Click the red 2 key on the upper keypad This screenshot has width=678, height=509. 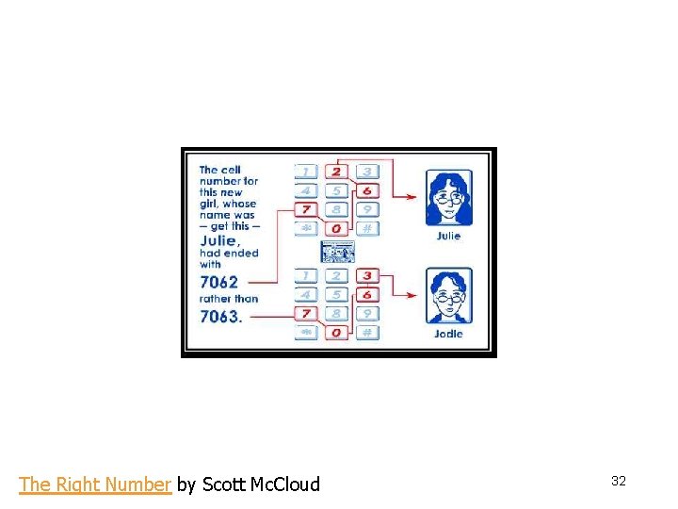pos(337,172)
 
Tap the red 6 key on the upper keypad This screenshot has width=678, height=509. pos(367,190)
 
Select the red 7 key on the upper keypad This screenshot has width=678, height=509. pos(307,209)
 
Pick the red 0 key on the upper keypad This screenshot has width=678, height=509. pos(337,228)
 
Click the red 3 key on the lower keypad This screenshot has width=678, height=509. pos(367,276)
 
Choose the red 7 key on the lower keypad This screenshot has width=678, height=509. pos(307,313)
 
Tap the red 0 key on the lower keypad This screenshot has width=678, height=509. pos(337,332)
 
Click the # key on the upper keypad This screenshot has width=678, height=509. pos(367,228)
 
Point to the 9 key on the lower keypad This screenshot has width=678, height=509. pos(367,313)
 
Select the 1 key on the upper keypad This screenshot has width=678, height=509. pos(307,172)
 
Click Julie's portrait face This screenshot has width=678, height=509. pos(448,197)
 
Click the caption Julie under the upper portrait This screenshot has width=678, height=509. pos(448,236)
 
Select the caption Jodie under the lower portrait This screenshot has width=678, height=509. pos(448,334)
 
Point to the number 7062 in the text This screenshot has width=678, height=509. pos(219,281)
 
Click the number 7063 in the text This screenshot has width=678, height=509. pos(219,317)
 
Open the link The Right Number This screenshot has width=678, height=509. pos(95,484)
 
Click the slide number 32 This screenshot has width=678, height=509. pos(619,481)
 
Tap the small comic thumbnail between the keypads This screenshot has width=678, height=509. pos(337,252)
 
